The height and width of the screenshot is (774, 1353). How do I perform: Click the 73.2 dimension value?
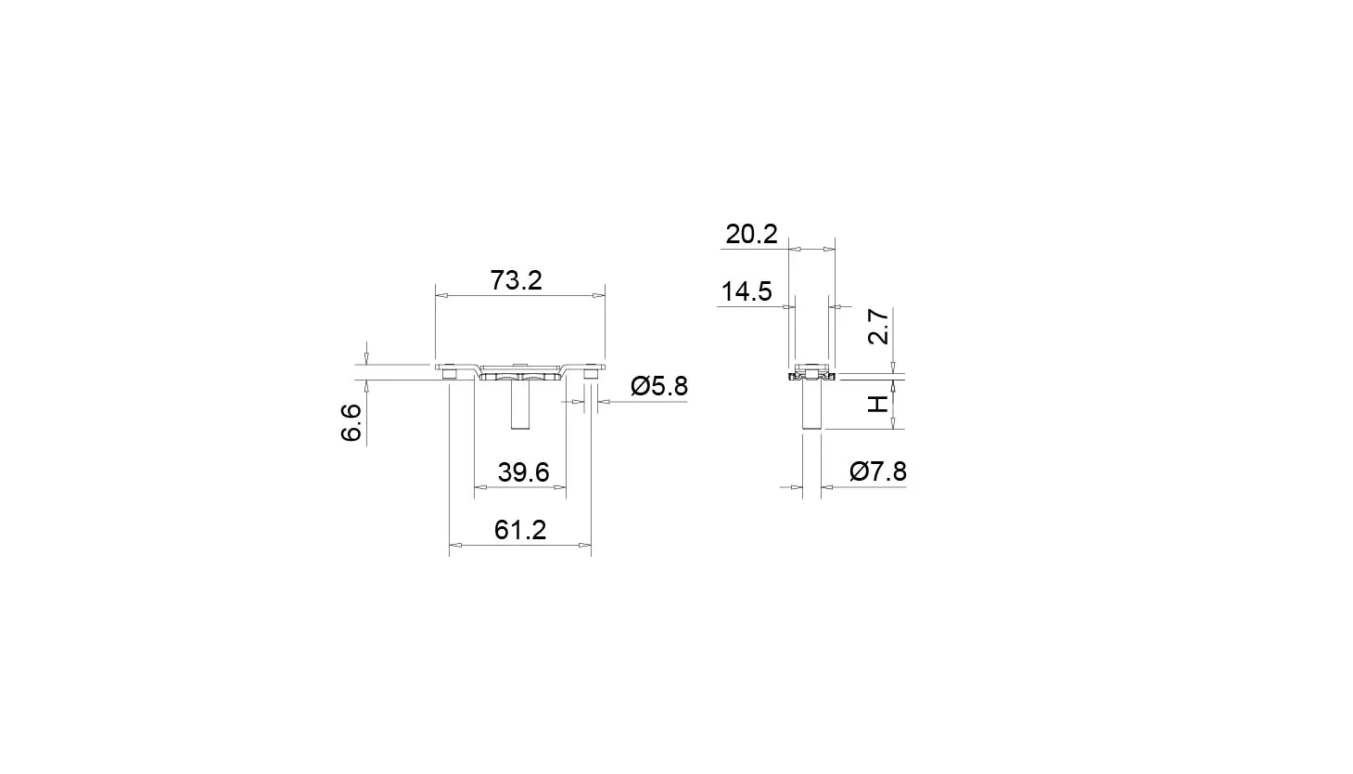tap(516, 280)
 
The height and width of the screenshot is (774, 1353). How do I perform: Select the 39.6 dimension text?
tap(524, 472)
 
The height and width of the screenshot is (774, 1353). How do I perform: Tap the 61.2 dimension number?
tap(520, 530)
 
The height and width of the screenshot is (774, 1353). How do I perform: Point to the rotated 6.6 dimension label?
tap(351, 422)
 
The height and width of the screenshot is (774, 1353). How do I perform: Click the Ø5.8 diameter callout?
tap(659, 386)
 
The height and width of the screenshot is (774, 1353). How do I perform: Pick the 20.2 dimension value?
tap(751, 234)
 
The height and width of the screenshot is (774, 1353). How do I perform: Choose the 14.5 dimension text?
tap(747, 291)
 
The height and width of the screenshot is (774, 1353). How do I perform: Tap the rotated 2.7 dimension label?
tap(878, 327)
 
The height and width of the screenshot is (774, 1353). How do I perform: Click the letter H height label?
tap(878, 404)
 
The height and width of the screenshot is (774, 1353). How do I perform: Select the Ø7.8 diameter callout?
tap(877, 471)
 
